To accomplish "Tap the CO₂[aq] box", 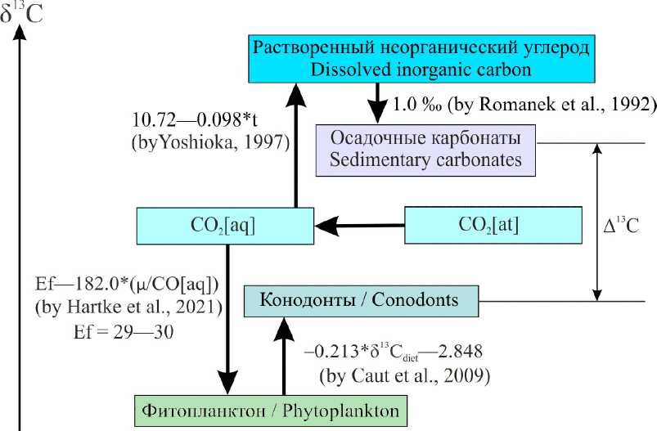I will (x=225, y=225).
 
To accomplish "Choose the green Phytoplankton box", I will (x=270, y=409).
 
